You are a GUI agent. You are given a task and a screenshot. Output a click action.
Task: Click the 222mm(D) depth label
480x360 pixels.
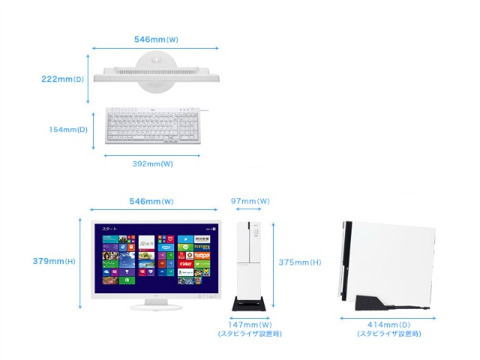[63, 77]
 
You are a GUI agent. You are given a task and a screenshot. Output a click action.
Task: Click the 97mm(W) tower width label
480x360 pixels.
[250, 202]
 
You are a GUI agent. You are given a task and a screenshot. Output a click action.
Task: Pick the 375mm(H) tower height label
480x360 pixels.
[300, 262]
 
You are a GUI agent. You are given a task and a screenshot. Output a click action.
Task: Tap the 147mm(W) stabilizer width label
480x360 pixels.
[250, 325]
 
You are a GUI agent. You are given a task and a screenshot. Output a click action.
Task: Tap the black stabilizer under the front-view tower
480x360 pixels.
[250, 305]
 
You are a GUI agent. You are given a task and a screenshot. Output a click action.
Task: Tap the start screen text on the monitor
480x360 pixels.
[110, 227]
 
